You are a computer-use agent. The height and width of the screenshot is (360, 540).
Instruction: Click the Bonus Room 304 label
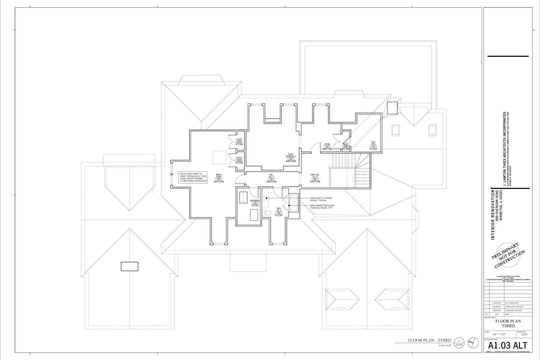pos(219,178)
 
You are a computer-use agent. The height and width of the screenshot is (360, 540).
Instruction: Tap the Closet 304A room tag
pos(239,142)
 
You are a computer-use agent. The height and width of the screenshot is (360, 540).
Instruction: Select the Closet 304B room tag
pos(239,160)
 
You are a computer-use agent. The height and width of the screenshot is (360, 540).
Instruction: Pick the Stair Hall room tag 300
pos(315,179)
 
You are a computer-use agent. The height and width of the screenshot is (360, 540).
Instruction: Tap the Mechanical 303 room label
pos(255,203)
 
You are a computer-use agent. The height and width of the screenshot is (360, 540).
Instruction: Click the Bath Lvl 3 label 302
pos(279,212)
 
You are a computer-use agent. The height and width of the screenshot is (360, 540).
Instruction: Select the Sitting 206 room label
pos(327,147)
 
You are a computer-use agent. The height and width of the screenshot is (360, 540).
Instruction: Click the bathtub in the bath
pos(293,203)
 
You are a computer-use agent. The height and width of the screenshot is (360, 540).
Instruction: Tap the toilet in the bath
pos(267,213)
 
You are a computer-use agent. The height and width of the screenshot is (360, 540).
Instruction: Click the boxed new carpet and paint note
pos(193,177)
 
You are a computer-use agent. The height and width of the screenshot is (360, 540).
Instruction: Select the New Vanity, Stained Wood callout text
pos(321,199)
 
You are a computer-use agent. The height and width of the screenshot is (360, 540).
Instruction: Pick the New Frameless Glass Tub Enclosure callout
pos(322,207)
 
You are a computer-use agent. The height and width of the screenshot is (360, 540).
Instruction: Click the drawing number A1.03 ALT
pos(508,345)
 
